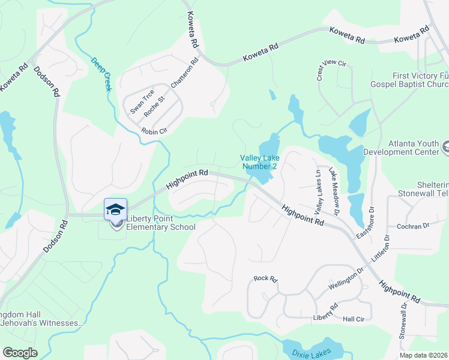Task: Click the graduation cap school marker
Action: coord(115,209)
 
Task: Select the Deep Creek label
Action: coord(101,74)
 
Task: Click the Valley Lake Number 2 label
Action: coord(259,162)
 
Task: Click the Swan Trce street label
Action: coord(142,102)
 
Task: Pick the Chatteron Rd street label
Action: coord(184,74)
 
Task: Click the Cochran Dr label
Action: coord(414,226)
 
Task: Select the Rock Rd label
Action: coord(265,278)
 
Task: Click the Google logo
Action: coord(20,353)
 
